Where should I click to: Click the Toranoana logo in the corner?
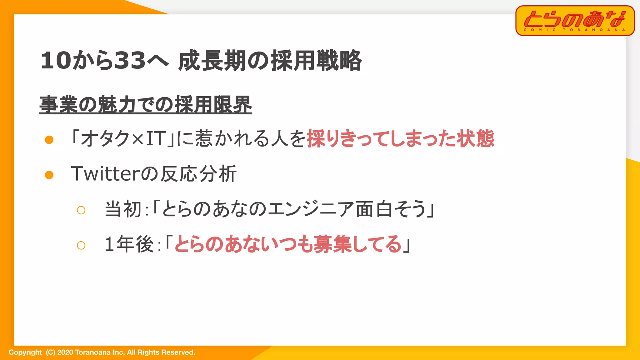point(575,21)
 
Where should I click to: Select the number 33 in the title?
point(130,60)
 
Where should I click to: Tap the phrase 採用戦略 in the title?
point(316,60)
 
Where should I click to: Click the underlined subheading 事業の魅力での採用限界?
point(146,104)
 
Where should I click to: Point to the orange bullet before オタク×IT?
point(49,140)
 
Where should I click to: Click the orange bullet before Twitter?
point(49,175)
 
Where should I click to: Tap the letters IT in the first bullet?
point(156,138)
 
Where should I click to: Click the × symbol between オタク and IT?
point(137,139)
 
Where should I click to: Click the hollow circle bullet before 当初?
point(81,210)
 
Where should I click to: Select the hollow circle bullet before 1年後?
point(81,245)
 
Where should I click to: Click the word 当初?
point(123,209)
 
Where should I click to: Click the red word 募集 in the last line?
point(333,244)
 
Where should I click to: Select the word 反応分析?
point(198,174)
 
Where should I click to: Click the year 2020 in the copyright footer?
point(65,352)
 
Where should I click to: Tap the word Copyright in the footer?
point(25,352)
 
